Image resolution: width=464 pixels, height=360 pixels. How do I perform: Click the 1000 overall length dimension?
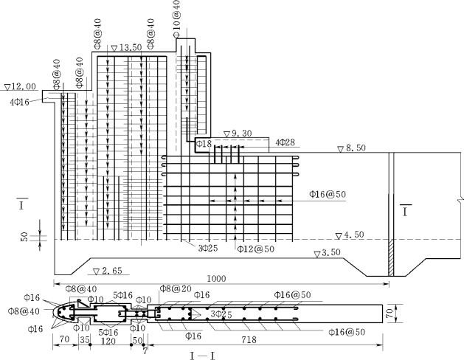216,279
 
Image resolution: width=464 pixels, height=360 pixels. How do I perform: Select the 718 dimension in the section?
249,340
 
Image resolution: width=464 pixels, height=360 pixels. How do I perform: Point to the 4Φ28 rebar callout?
285,142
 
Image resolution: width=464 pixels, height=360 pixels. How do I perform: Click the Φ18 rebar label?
204,144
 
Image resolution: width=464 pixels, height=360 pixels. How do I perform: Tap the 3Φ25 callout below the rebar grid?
208,248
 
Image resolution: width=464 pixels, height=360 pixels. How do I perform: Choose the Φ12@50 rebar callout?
256,249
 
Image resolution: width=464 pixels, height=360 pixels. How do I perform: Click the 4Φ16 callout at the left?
19,103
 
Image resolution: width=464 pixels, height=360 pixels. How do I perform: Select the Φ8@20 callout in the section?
176,288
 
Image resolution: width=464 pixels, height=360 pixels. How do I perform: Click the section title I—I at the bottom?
202,356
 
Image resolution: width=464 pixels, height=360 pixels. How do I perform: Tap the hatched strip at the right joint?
391,257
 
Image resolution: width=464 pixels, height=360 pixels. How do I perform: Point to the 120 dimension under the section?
108,341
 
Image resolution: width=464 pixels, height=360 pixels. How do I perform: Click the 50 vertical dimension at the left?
24,237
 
